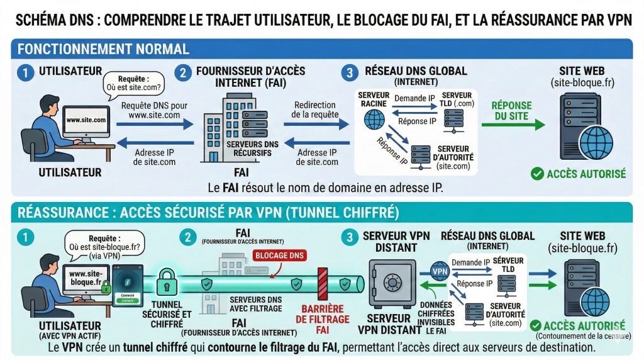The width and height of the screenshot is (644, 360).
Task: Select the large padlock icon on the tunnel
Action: [x=167, y=283]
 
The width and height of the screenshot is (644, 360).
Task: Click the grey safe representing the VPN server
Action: [x=392, y=284]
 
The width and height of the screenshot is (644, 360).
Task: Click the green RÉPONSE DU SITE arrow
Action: [x=513, y=125]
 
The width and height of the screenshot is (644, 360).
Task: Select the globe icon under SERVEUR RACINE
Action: [x=374, y=118]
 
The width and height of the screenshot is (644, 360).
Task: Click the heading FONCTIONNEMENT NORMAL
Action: [x=103, y=48]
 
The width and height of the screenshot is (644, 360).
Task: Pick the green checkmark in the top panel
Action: [x=536, y=174]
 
